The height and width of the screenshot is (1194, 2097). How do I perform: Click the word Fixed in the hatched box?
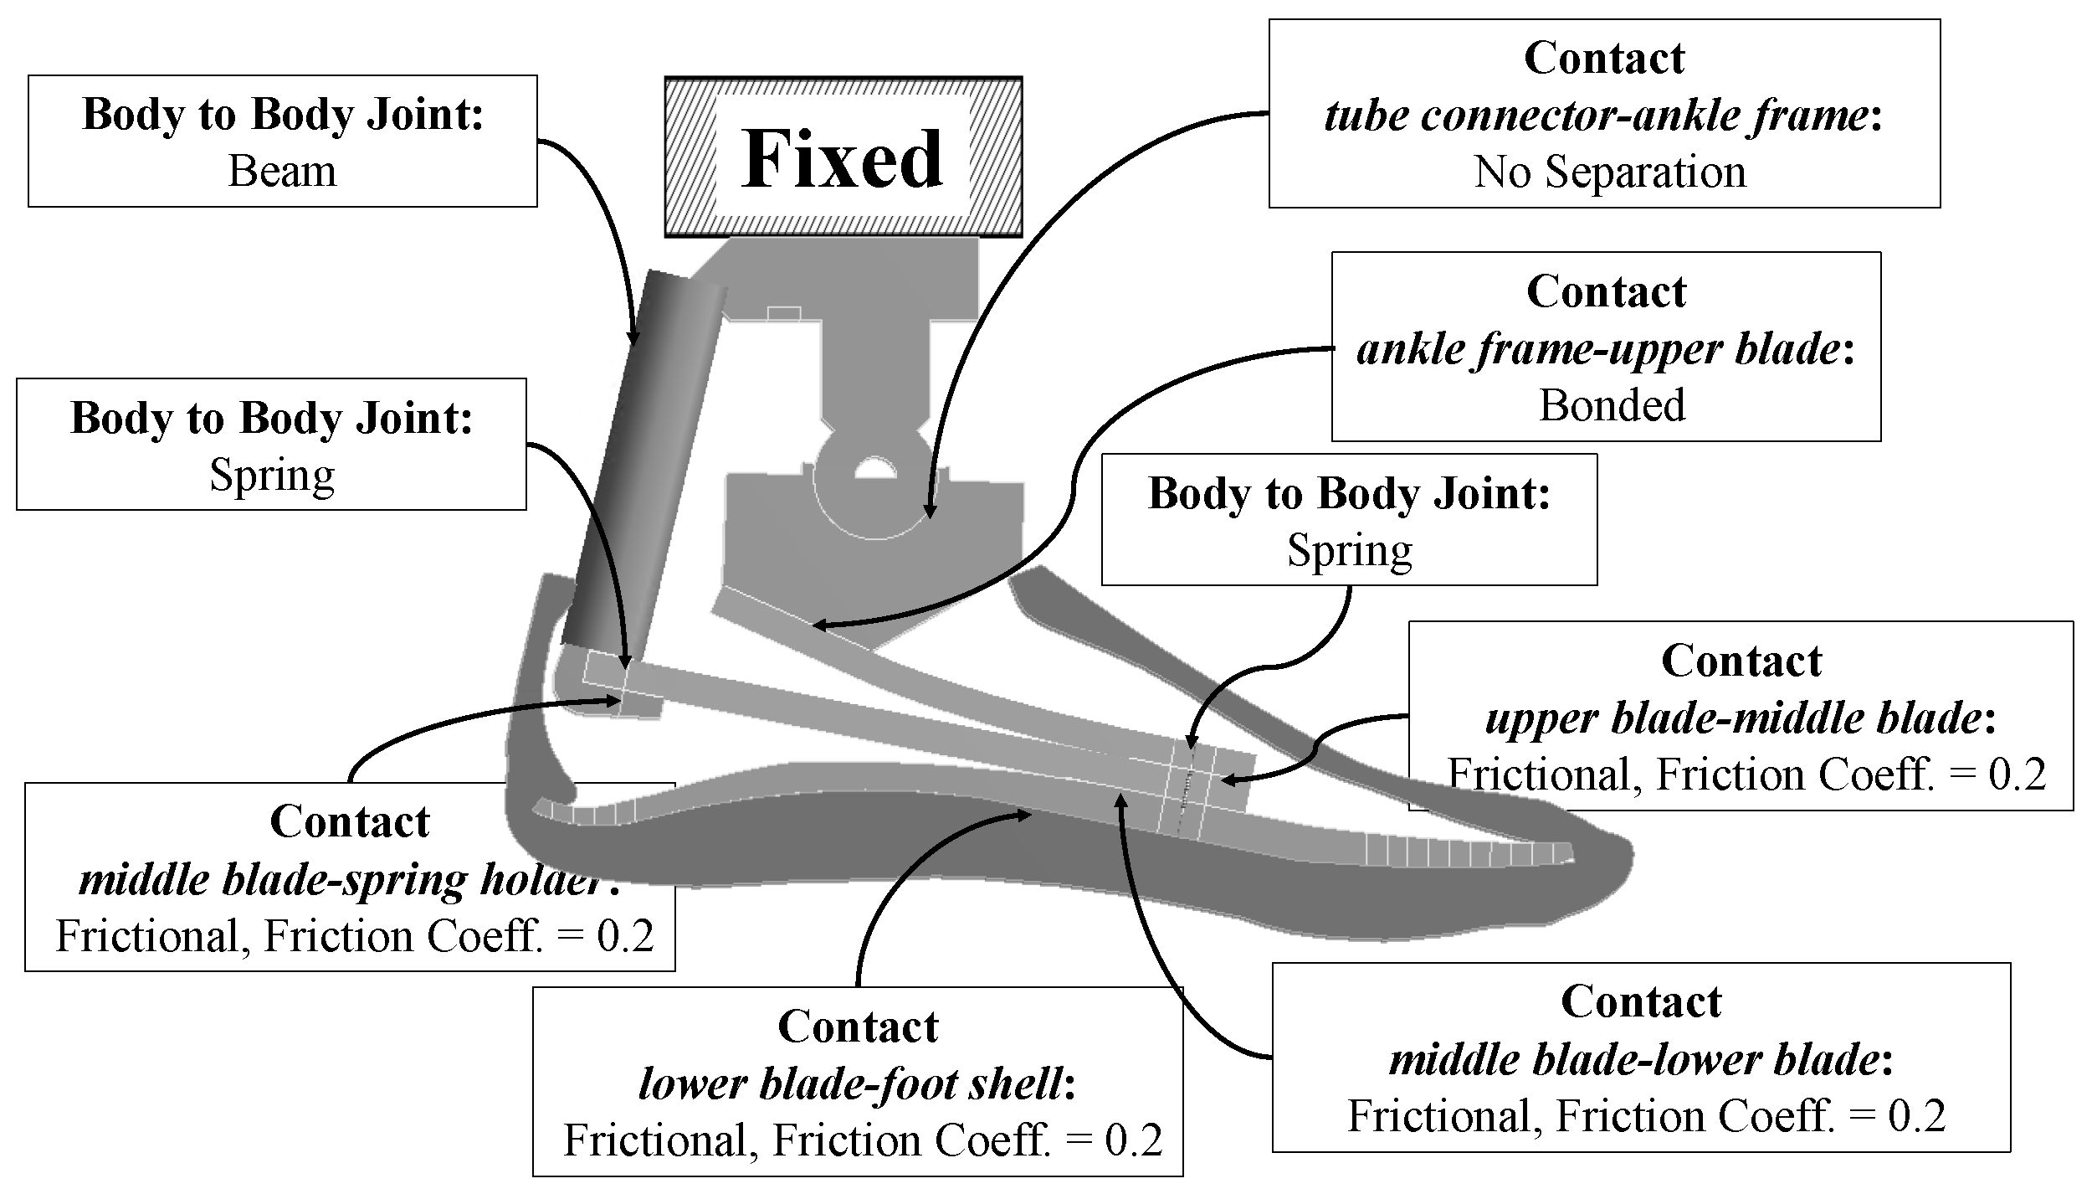click(843, 159)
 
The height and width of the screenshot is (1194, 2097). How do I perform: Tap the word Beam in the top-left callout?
click(282, 172)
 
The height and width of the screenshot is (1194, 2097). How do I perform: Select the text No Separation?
click(1609, 172)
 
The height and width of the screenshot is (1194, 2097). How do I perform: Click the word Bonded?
click(1612, 406)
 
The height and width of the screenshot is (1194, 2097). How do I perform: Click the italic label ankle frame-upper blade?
click(1598, 349)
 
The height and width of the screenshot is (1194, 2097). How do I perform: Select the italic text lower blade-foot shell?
click(850, 1084)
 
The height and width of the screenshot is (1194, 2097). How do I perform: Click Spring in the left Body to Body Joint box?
click(272, 476)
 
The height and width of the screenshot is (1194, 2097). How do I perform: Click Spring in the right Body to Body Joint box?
click(1349, 551)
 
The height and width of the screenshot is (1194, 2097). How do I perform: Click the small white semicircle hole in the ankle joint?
click(874, 467)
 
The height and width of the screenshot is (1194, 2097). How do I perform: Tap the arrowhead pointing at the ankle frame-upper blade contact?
click(817, 625)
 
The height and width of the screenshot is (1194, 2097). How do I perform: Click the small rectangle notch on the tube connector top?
click(783, 314)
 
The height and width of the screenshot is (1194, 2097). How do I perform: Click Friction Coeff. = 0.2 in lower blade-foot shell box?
click(966, 1140)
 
